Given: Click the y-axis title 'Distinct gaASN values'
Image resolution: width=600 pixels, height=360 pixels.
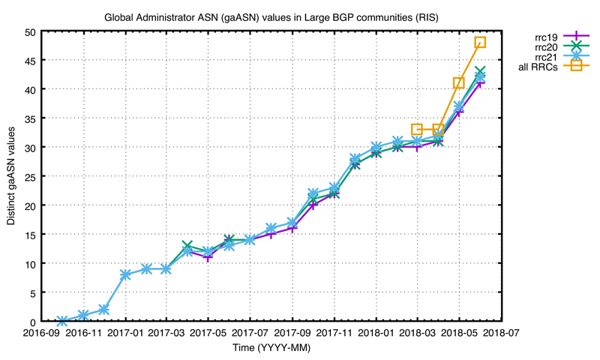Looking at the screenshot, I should (x=11, y=176).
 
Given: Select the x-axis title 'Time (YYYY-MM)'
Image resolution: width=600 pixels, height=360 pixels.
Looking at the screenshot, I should (x=271, y=349).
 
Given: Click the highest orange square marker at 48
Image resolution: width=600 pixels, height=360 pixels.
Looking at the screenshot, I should (x=480, y=43).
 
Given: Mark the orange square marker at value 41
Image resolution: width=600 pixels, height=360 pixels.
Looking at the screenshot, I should (x=459, y=83).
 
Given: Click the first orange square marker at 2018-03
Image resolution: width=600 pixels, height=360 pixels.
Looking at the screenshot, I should (x=417, y=130).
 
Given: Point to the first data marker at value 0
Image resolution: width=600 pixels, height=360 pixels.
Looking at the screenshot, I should (x=63, y=321).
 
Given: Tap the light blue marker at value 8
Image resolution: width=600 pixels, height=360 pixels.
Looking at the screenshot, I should (x=126, y=274).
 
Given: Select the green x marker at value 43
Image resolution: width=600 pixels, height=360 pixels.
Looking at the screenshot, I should (x=480, y=72).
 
